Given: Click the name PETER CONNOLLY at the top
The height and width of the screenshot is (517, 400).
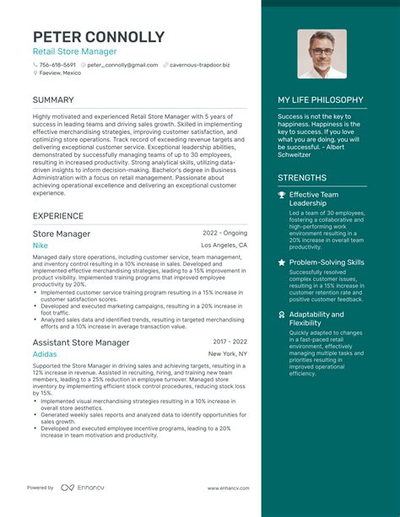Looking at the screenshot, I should coord(99,37).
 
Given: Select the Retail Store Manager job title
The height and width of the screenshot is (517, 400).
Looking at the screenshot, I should coord(75,51).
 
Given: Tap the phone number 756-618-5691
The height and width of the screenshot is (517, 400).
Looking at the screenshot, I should coord(57,64).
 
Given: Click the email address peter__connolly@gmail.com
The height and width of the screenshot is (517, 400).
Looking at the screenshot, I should coord(122,64).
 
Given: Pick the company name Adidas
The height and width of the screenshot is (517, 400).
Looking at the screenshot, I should coord(46,354).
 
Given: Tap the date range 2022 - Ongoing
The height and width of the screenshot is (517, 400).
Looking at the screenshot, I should coord(224,233).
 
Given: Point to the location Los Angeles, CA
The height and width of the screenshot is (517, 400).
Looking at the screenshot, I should coord(224,245).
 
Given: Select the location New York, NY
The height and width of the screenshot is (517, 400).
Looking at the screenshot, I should coord(228,354).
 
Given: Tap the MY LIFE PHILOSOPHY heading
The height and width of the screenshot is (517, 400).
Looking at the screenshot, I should coord(321,100).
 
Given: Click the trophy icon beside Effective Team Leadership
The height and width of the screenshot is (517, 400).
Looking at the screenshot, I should coord(282,195).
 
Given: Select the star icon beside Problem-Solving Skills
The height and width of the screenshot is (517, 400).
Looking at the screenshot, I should coord(282,262).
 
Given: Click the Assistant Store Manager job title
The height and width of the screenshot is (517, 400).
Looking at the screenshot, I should coord(81,342).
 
